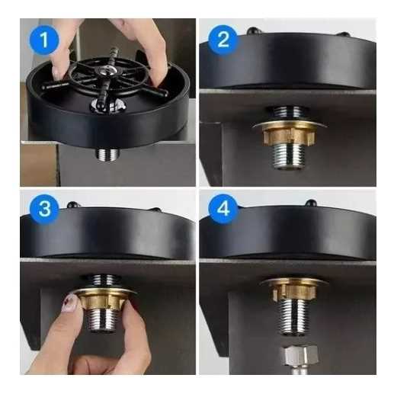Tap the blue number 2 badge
(x=223, y=40)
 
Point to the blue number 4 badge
(x=223, y=210)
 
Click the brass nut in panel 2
(x=288, y=136)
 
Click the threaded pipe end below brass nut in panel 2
(x=289, y=157)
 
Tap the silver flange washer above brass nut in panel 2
(x=288, y=123)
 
